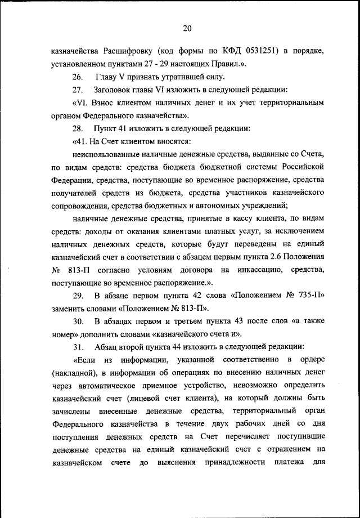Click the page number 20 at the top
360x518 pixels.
point(188,29)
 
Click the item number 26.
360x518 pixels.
point(78,77)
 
